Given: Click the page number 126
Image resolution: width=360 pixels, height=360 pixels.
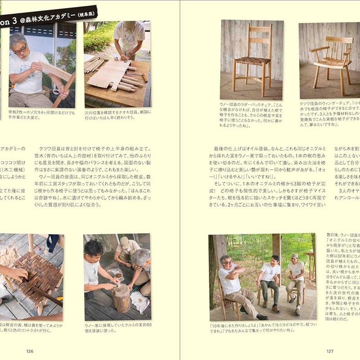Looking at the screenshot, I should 30,351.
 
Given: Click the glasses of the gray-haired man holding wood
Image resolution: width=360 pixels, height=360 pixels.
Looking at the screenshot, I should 20,49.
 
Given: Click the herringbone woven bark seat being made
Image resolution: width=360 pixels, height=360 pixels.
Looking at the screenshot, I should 37,274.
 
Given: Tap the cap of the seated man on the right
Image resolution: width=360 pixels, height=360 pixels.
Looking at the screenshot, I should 294,256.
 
